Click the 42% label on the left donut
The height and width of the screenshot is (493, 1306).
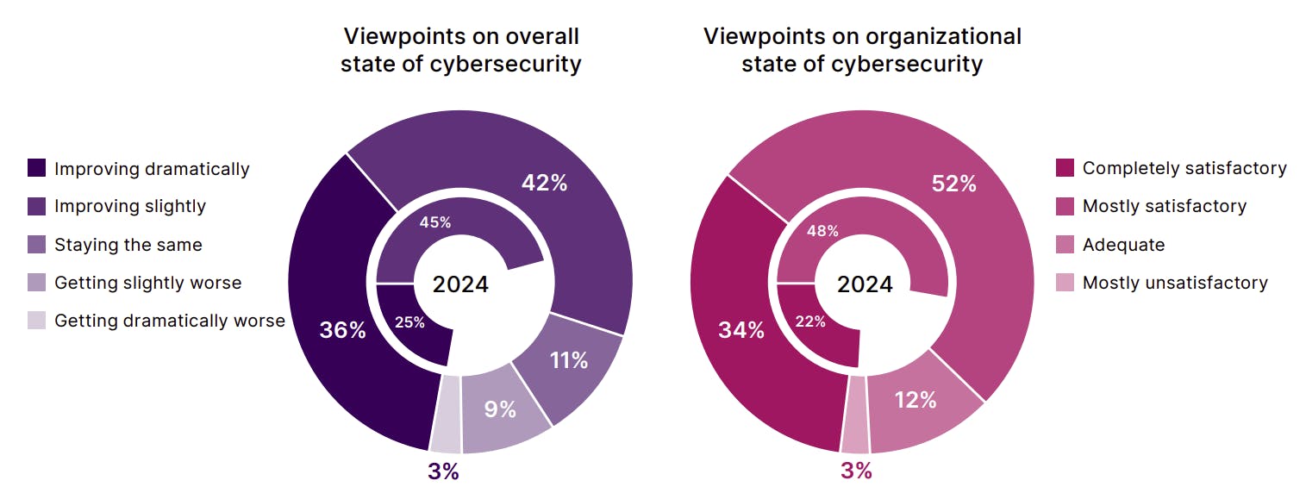coord(544,183)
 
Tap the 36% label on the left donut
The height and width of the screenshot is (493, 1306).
coord(342,330)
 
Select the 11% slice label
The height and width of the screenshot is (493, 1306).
coord(569,359)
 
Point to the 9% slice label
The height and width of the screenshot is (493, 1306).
coord(500,409)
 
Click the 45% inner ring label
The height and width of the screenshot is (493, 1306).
coord(435,222)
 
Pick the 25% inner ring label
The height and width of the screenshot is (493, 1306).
coord(409,322)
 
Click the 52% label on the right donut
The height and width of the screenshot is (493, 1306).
coord(954,184)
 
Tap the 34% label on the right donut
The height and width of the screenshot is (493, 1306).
coord(742,330)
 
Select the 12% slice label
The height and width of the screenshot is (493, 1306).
coord(915,400)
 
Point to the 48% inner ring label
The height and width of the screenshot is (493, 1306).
coord(822,230)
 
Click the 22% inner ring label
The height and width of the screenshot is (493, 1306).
coord(810,321)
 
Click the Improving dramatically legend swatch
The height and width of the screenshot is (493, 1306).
coord(37,168)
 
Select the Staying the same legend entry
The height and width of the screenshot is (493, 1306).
coord(128,245)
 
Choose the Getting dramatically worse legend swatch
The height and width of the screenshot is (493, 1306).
coord(37,321)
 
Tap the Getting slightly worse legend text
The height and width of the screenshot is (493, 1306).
coord(147,283)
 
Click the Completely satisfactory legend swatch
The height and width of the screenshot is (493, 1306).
coord(1065,168)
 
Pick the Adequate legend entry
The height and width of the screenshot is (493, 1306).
coord(1122,245)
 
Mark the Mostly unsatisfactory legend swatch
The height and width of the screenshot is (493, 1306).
coord(1065,283)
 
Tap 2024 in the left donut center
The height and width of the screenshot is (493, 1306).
coord(460,284)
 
